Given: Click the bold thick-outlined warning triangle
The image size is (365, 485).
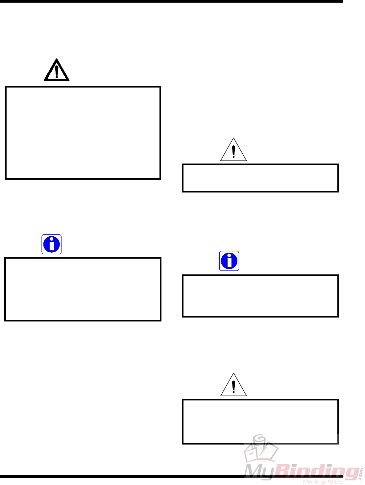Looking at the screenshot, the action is click(57, 71).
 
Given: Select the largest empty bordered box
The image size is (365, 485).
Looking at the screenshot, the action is click(83, 133).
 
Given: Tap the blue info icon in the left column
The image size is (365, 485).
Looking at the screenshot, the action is click(52, 244).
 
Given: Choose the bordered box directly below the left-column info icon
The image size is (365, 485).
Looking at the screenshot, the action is click(83, 289).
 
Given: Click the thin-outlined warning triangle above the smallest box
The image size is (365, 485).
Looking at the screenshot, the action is click(233, 150).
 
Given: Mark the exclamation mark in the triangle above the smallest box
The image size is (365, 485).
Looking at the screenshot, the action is click(233, 152).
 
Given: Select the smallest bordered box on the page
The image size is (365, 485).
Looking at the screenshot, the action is click(260, 178).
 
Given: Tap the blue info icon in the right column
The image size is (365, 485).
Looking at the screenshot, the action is click(229, 261).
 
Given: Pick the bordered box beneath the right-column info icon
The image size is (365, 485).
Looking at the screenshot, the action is click(260, 296).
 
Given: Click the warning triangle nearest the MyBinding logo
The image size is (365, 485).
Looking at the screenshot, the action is click(233, 385).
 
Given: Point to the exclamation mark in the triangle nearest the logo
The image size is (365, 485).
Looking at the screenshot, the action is click(233, 387).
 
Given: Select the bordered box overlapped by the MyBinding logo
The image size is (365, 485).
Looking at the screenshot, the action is click(260, 422).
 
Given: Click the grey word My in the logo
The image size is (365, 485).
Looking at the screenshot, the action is click(260, 472).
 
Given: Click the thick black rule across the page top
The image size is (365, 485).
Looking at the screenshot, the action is click(171, 1).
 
